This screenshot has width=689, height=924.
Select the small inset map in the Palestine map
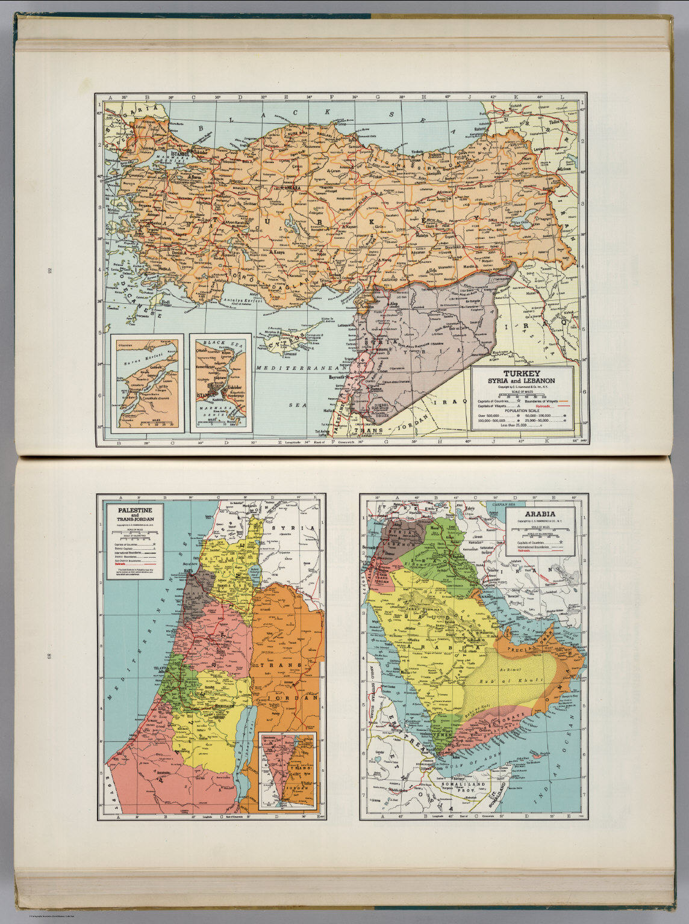[x=287, y=769]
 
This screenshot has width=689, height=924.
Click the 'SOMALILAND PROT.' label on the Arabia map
[x=476, y=783]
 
